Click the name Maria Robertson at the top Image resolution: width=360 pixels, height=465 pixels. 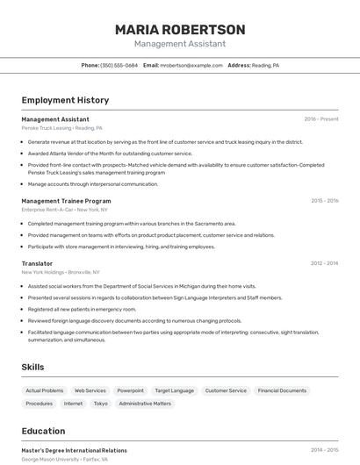[x=179, y=29]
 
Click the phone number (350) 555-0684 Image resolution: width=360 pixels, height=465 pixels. [x=119, y=66]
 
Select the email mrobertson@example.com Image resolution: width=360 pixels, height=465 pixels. [x=191, y=66]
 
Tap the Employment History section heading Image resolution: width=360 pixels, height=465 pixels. [x=65, y=100]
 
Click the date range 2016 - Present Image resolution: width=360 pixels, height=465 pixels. [x=321, y=119]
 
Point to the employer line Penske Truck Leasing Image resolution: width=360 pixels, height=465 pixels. [x=61, y=128]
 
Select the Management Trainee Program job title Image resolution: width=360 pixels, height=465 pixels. [x=66, y=201]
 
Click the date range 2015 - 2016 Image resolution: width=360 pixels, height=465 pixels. [x=324, y=201]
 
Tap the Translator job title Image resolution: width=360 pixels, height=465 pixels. [x=37, y=263]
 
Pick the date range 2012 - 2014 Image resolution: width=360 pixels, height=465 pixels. [x=324, y=263]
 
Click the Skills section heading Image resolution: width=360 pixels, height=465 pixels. [x=32, y=367]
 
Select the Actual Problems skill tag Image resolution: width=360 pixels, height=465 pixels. [x=45, y=390]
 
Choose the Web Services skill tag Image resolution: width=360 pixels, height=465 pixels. [x=90, y=390]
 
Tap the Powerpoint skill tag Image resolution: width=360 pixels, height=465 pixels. [x=131, y=390]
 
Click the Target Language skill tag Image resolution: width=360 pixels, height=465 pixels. [x=174, y=390]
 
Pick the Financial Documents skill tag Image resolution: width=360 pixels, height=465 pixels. [x=282, y=390]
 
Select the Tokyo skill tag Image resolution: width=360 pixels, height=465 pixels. [x=101, y=404]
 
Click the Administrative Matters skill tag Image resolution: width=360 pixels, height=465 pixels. [x=145, y=404]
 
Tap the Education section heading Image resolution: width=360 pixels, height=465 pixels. [x=43, y=431]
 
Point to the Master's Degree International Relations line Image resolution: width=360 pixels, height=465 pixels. [x=74, y=450]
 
